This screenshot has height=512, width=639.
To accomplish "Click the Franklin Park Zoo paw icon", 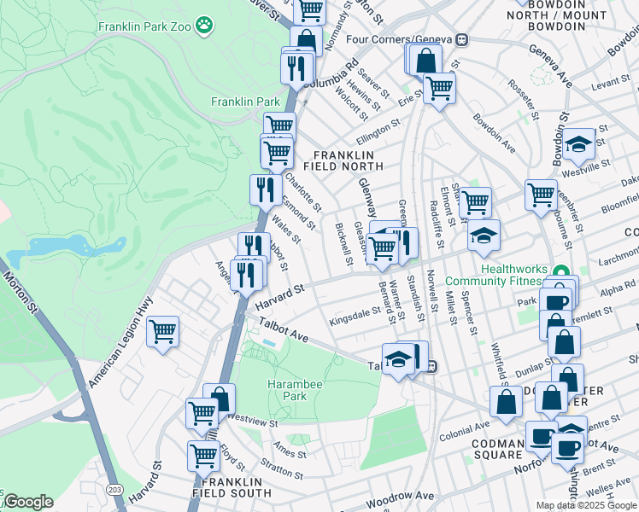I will click(x=204, y=26).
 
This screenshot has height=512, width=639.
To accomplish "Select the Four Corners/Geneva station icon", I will click(x=462, y=39).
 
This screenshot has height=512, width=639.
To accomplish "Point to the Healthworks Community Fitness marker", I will click(x=561, y=275).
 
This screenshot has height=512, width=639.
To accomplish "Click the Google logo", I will click(x=27, y=502).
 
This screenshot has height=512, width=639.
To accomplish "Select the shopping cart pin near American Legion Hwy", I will click(x=162, y=330).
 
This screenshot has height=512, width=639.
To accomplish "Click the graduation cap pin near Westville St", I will click(x=578, y=143).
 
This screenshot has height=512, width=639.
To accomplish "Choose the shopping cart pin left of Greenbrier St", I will click(x=541, y=195).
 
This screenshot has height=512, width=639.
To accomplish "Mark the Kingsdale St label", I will click(x=355, y=317).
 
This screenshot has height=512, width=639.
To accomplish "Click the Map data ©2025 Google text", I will click(x=585, y=505).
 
